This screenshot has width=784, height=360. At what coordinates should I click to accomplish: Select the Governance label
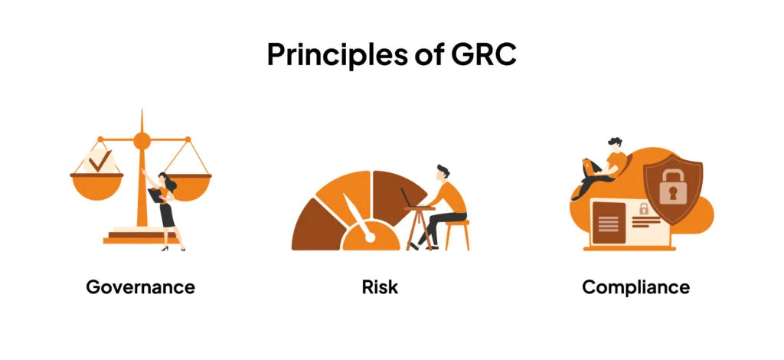point(140,287)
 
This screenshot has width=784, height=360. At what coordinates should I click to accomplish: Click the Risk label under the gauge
point(381,287)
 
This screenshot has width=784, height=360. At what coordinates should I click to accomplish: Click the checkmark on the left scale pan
point(97,162)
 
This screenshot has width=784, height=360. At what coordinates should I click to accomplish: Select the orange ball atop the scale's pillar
point(142,140)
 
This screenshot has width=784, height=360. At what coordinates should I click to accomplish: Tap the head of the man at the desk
point(443,173)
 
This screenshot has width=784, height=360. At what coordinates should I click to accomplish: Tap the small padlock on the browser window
point(643,208)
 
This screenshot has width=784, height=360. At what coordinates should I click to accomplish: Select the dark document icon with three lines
point(609,223)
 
